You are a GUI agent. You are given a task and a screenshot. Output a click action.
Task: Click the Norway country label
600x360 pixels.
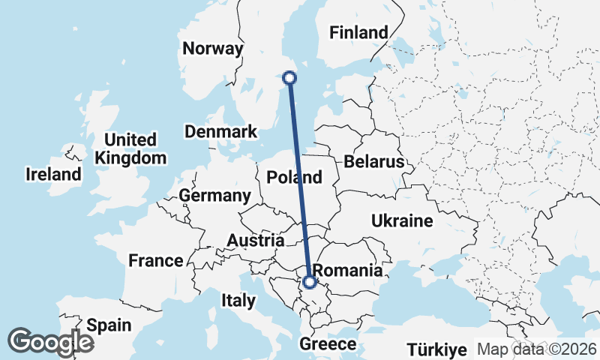(x=214, y=49)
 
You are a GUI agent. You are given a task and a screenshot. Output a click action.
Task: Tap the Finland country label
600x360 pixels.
(x=359, y=32)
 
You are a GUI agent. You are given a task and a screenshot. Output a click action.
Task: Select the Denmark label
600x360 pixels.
(x=220, y=132)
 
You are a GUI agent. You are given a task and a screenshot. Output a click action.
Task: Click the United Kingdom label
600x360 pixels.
(x=130, y=148)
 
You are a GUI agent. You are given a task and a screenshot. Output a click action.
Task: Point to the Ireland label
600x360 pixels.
(x=53, y=175)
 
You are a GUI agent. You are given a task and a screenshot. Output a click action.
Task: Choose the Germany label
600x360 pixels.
(x=214, y=196)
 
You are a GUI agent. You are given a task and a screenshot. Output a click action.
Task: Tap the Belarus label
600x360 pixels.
(x=374, y=162)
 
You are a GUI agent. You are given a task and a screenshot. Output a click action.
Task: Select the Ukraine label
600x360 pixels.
(x=402, y=221)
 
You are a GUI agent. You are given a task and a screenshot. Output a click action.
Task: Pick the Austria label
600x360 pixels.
(x=256, y=241)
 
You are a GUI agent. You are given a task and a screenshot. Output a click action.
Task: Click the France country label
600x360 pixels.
(x=156, y=261)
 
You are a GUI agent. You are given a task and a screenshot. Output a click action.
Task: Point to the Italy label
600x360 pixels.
(x=238, y=301)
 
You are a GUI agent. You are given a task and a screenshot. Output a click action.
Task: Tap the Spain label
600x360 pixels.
(x=108, y=325)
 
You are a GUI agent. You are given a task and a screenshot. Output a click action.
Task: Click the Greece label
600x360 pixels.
(x=327, y=344)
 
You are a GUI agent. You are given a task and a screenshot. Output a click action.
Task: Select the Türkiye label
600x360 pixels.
(x=438, y=349)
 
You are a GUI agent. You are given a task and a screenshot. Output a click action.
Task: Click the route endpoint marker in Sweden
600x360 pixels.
(x=289, y=77)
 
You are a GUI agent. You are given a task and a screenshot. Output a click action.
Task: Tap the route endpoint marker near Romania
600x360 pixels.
(x=309, y=282)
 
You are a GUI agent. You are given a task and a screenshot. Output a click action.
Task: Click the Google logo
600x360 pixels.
(x=50, y=342)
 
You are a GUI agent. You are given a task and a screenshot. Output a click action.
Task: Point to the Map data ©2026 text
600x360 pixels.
(x=537, y=349)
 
